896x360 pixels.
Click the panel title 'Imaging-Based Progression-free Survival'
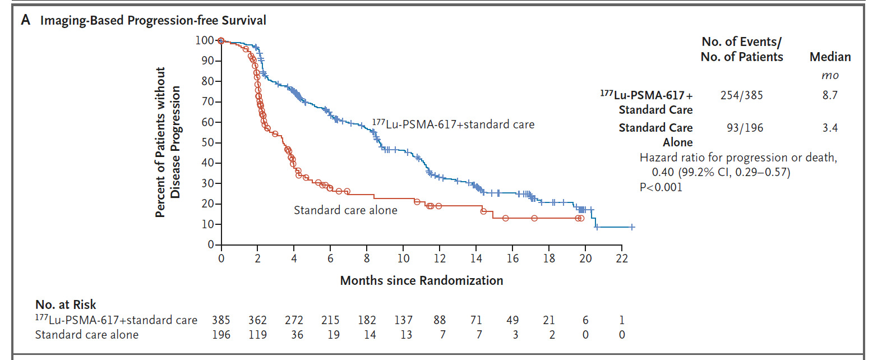[153, 21]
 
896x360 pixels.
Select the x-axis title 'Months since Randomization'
[422, 280]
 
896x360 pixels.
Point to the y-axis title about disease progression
[168, 142]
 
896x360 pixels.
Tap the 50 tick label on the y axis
[207, 142]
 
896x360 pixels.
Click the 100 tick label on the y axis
[205, 40]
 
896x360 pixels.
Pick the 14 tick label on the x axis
[476, 259]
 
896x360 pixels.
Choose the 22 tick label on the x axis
[622, 259]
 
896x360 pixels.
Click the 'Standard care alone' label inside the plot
[345, 210]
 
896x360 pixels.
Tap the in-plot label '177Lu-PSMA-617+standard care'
[453, 124]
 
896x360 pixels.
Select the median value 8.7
[830, 95]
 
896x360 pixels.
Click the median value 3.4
[830, 128]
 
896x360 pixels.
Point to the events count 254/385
[741, 95]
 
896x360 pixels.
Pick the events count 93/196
[745, 128]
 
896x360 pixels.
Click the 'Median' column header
[830, 57]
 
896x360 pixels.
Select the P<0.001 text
[661, 187]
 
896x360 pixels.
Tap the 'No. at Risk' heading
[66, 304]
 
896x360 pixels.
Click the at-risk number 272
[294, 320]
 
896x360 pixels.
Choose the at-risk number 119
[257, 335]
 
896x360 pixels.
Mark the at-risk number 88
[440, 320]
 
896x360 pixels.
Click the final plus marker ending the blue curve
[632, 227]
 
